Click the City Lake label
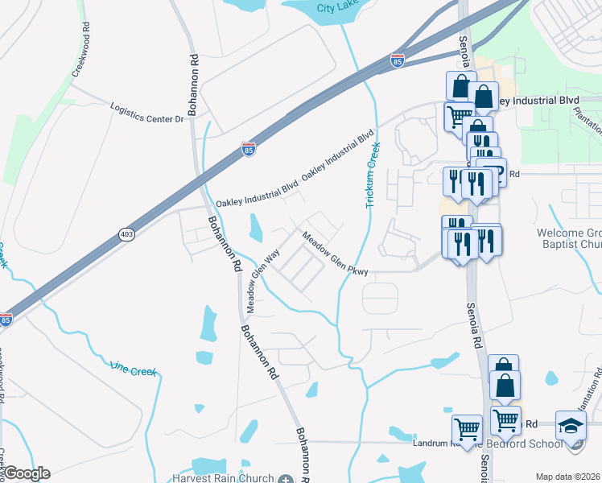[x=336, y=7]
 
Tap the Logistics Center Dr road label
[x=147, y=113]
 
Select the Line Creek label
[x=133, y=369]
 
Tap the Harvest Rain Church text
[x=233, y=477]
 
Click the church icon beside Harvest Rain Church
[x=286, y=478]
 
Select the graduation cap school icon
[x=570, y=424]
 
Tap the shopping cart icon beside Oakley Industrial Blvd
[x=458, y=116]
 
